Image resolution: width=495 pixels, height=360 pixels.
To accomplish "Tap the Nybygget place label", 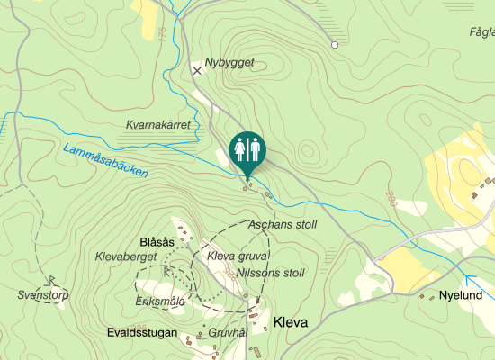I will pyautogui.click(x=229, y=63).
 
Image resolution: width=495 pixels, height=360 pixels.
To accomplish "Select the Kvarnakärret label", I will pyautogui.click(x=158, y=126).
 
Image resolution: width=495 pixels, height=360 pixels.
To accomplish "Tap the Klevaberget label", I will pyautogui.click(x=126, y=256).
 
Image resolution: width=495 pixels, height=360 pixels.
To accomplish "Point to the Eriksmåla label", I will pyautogui.click(x=160, y=301).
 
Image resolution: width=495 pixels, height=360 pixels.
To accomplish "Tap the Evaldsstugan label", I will pyautogui.click(x=139, y=331).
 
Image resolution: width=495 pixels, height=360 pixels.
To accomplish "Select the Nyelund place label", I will pyautogui.click(x=467, y=295).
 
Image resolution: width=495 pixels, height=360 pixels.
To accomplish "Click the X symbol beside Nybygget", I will pyautogui.click(x=198, y=69).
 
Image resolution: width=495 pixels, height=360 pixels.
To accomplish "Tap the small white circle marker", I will pyautogui.click(x=335, y=44).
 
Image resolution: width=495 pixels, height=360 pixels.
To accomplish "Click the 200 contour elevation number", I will pyautogui.click(x=391, y=198).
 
